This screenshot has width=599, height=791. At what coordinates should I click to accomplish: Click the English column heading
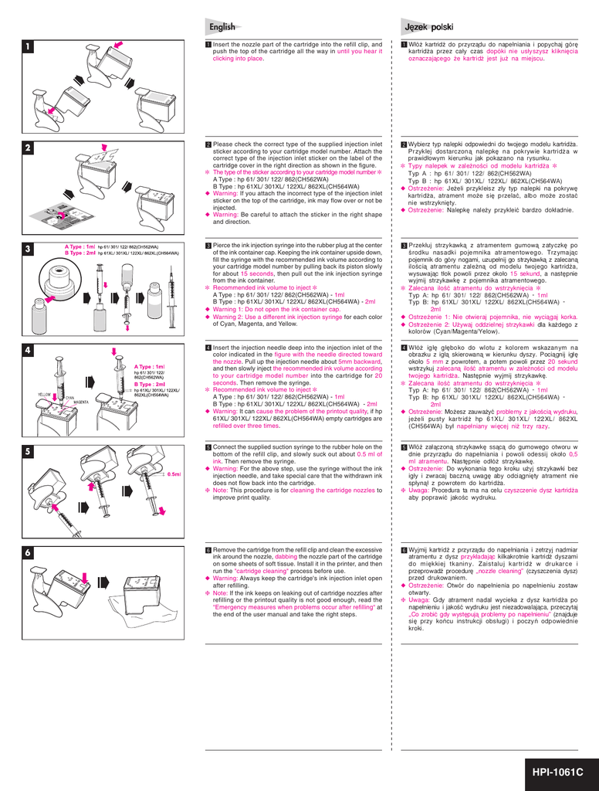222,27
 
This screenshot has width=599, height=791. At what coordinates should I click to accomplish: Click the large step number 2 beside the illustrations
27,148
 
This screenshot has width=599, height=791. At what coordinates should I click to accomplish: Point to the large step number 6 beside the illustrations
27,553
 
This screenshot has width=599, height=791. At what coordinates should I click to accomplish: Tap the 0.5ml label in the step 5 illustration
174,474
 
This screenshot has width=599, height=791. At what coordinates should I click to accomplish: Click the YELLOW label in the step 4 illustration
44,395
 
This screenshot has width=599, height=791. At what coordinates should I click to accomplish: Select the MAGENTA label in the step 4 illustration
80,402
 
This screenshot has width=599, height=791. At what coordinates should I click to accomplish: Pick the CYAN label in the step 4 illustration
69,398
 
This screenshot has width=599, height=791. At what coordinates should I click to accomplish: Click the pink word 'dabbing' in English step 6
286,556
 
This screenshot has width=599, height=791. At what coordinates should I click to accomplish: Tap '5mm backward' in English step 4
360,362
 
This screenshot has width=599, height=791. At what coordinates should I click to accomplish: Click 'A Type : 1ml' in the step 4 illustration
150,367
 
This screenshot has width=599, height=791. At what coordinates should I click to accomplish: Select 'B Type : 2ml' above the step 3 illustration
80,253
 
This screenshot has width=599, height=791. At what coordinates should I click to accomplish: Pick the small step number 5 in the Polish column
404,447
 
